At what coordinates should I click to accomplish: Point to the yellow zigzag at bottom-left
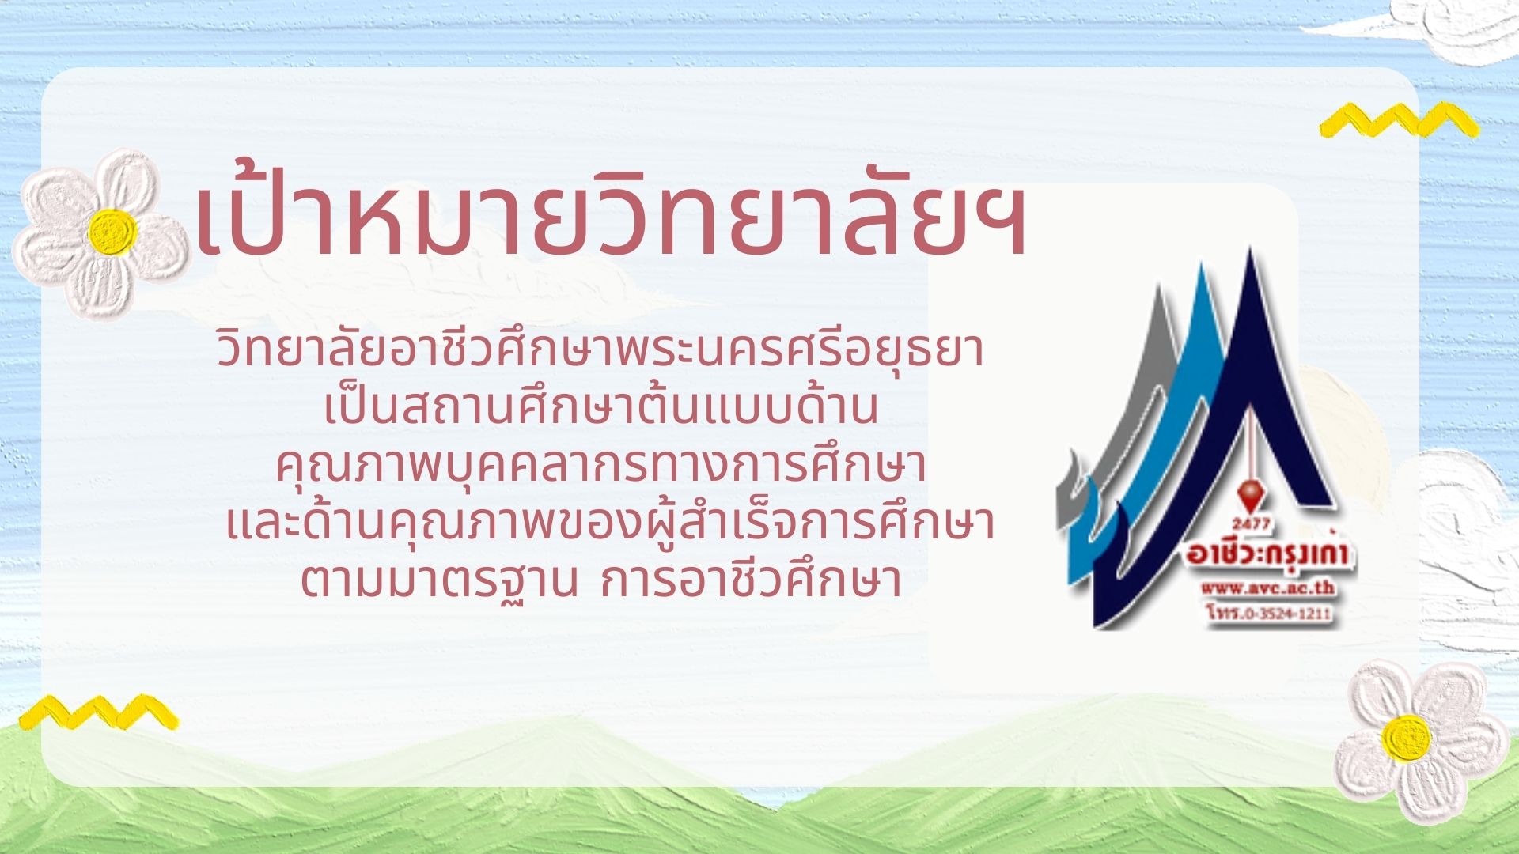[x=98, y=712]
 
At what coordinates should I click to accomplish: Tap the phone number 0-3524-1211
[x=1278, y=614]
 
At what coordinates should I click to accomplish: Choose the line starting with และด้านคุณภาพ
[x=609, y=523]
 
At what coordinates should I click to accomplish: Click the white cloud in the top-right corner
[x=1456, y=28]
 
